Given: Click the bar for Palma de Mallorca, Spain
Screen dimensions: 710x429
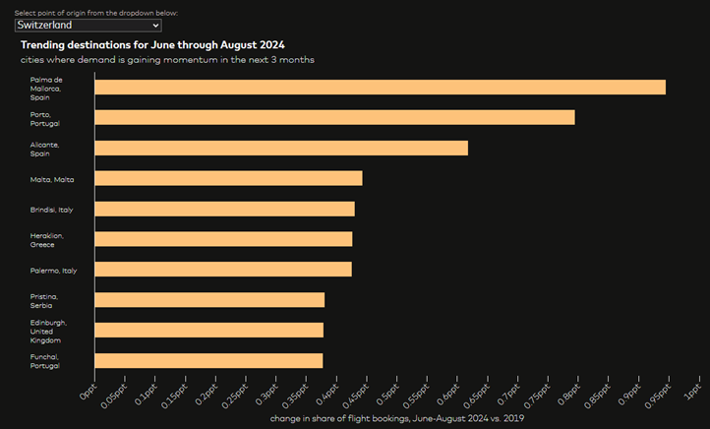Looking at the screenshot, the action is point(381,88).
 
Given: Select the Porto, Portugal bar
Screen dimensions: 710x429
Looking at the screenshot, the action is point(335,117).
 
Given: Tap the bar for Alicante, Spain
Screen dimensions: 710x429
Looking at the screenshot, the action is point(281,149).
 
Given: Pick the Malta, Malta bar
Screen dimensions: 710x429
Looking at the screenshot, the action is point(229,178).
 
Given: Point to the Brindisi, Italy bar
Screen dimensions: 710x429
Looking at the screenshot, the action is point(225,209).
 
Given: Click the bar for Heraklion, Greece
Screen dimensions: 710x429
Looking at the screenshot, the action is point(223,239).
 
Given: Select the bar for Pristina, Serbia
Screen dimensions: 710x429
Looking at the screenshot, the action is point(209,300).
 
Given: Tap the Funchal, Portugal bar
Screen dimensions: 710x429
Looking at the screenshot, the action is point(208,360).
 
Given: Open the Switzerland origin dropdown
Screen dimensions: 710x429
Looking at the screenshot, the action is point(89,26).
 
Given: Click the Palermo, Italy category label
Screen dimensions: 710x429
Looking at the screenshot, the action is point(53,271).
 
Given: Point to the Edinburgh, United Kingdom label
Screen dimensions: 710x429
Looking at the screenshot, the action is point(48,332).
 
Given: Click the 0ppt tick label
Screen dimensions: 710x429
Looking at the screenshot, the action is point(88,392).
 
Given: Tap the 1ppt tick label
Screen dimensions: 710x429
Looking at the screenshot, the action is point(692,392).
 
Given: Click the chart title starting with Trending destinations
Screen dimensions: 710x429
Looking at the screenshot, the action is point(152,45).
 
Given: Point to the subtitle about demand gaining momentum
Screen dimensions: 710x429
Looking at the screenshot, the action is point(167,60).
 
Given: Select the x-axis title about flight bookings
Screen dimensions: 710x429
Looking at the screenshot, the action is point(397,418).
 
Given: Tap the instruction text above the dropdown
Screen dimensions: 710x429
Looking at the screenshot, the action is point(96,13).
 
